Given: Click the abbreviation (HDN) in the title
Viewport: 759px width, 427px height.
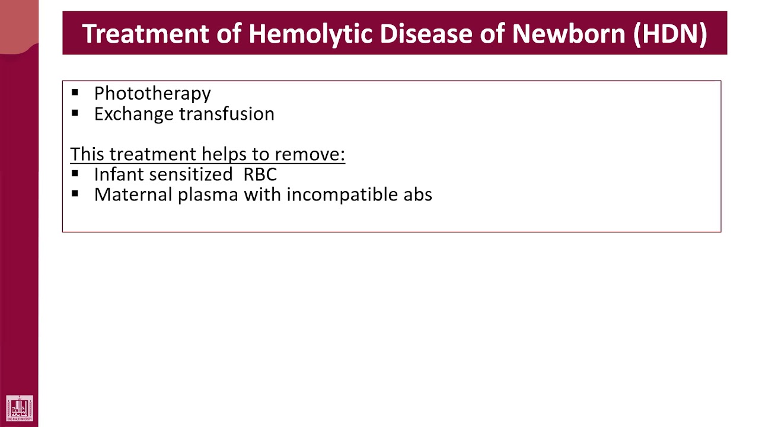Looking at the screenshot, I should [x=669, y=34].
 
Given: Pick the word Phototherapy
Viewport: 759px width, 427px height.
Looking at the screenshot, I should [x=152, y=94].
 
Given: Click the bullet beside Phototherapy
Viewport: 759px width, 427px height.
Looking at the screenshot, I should [x=75, y=93].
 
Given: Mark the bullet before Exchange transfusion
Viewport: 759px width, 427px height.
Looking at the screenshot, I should [x=75, y=113].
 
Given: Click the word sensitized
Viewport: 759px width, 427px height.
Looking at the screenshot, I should [x=191, y=174].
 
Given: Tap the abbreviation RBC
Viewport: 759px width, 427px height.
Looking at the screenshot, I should [x=260, y=174].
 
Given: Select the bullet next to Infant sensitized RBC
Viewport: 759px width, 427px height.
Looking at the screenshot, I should [x=75, y=174].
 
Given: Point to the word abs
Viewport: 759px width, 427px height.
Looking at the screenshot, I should [x=417, y=195].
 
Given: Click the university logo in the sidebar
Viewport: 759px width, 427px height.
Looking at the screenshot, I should [x=20, y=409].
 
